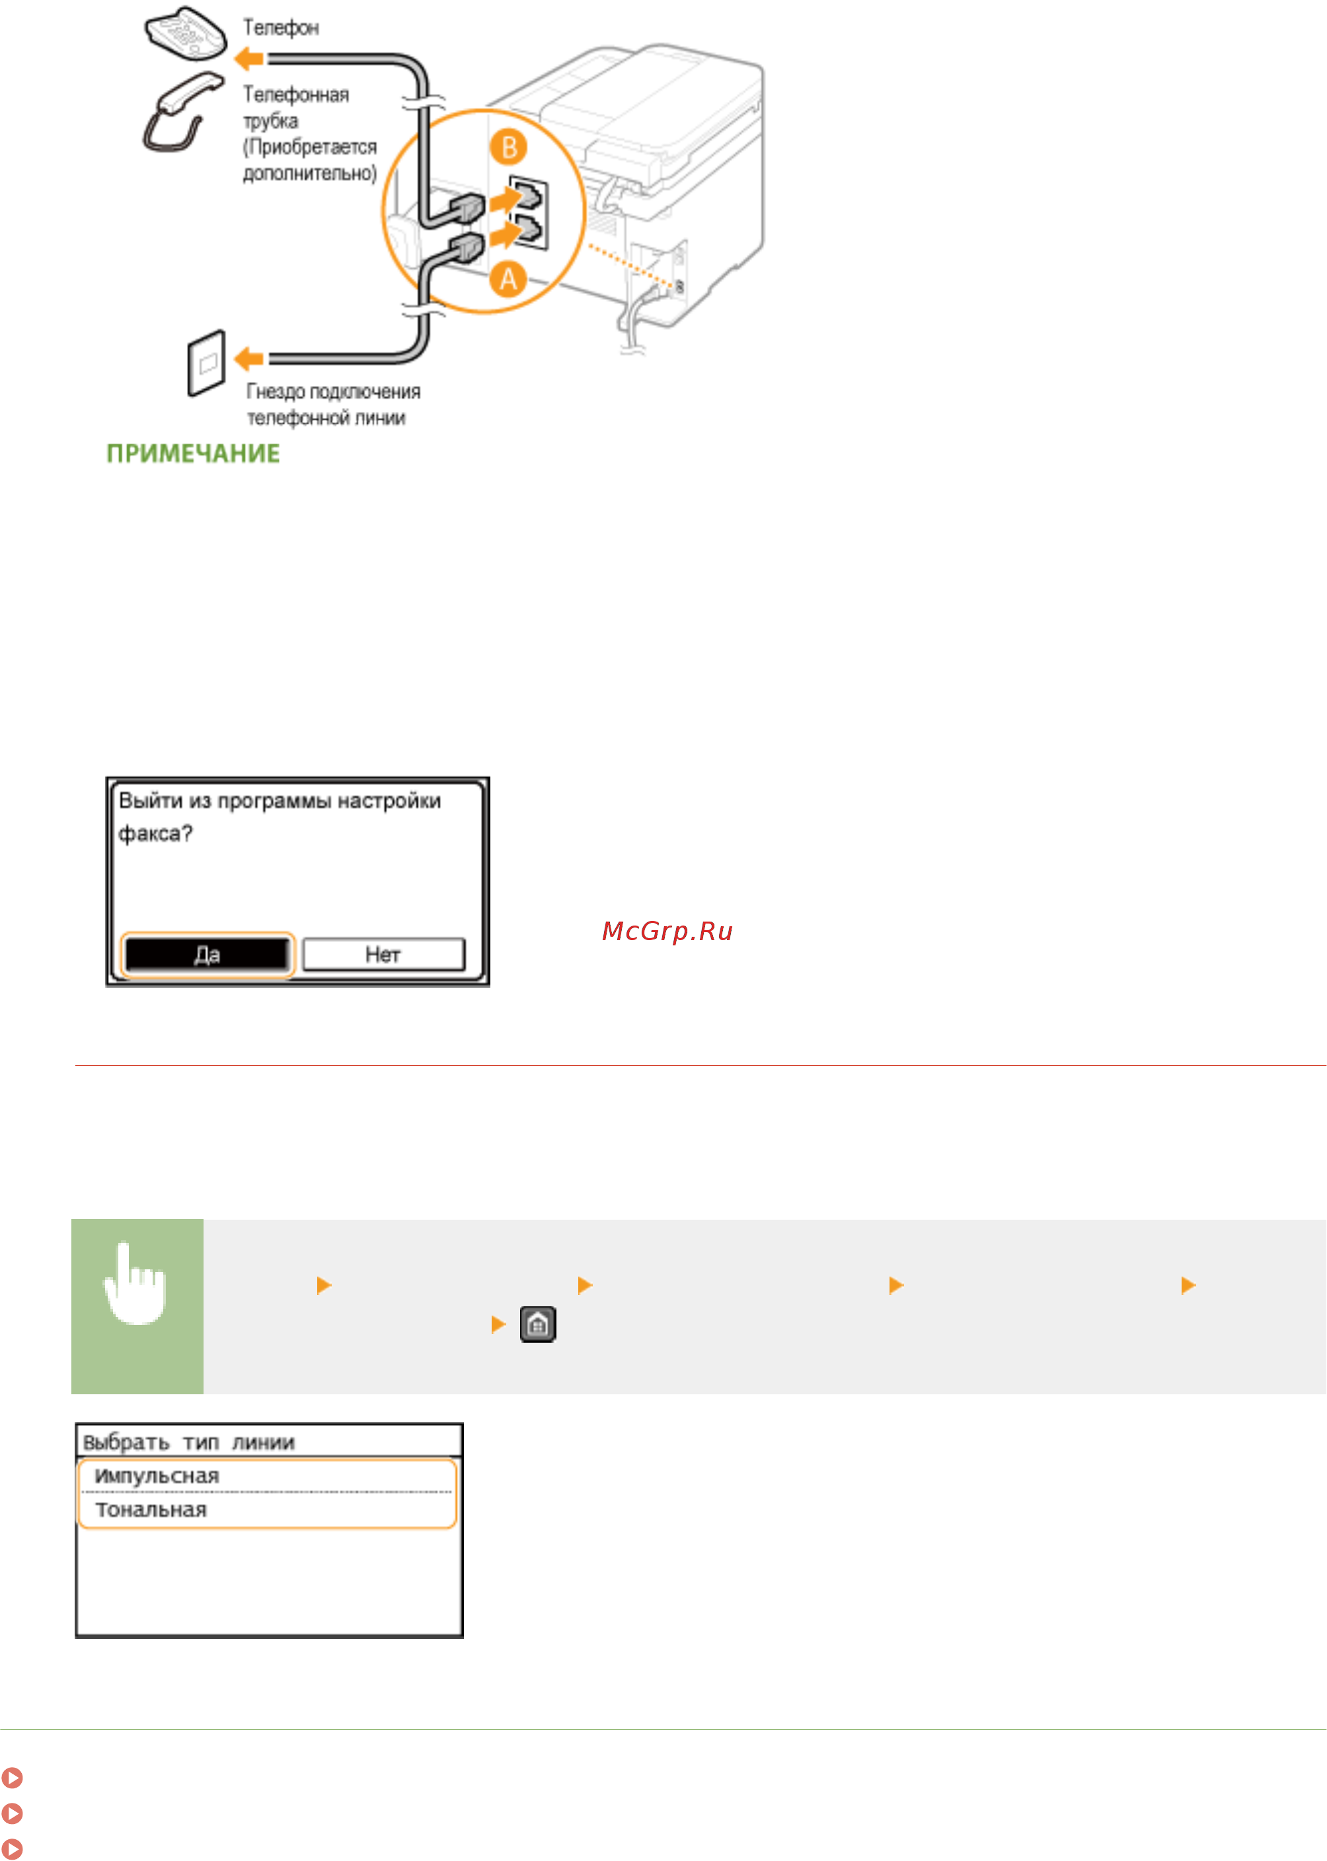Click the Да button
[207, 955]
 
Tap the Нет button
[383, 955]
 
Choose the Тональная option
[151, 1509]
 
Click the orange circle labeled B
[508, 147]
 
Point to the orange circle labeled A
[508, 280]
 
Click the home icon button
[538, 1324]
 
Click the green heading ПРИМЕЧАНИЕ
[193, 454]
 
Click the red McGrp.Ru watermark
[667, 931]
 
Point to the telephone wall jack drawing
[206, 363]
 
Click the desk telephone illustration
[186, 34]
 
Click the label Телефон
[281, 28]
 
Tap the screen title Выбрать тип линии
[189, 1443]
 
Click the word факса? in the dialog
[155, 834]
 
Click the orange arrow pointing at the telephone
[248, 58]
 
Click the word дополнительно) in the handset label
[311, 173]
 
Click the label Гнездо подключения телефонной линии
[333, 405]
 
